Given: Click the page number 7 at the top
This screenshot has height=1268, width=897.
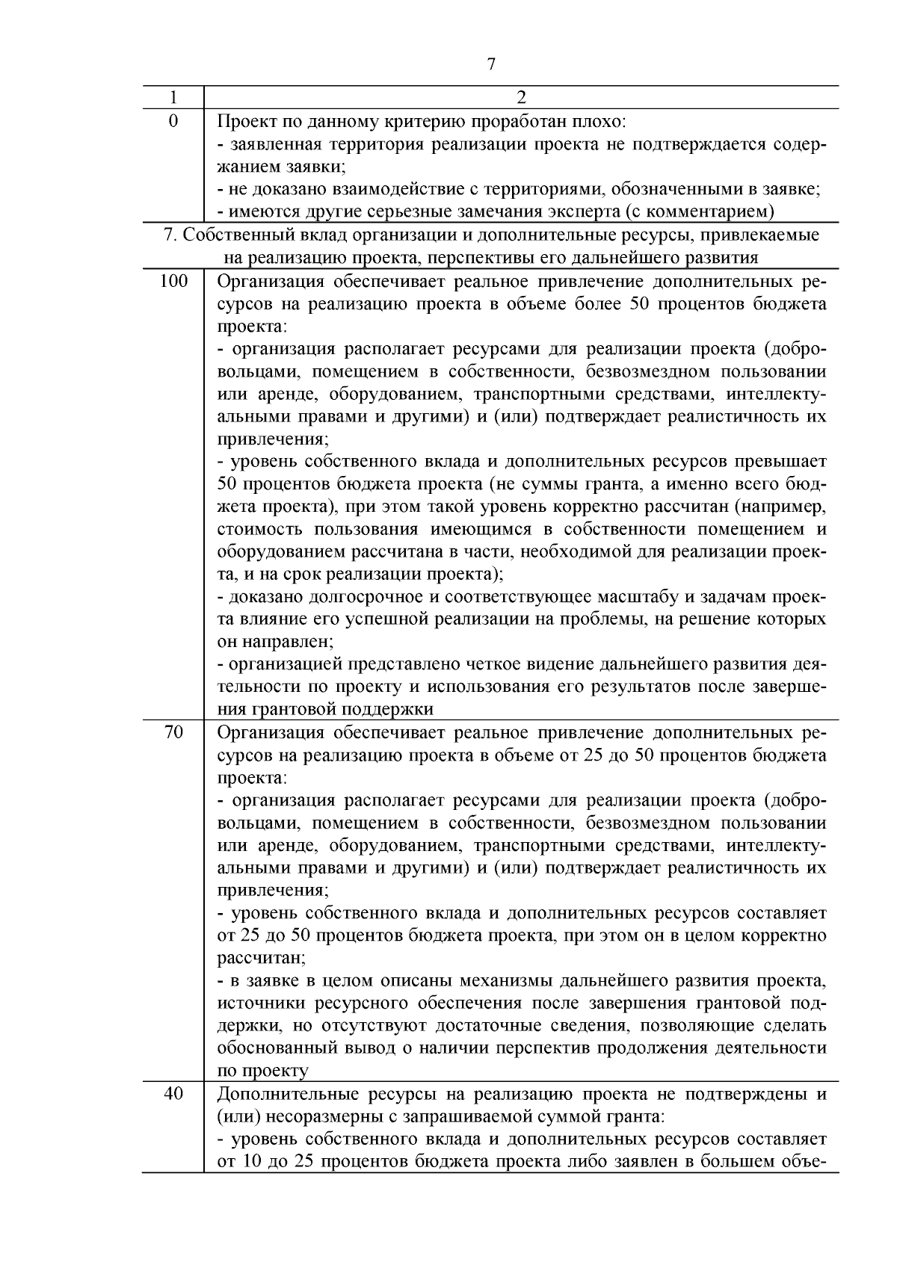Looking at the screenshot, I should pos(491,64).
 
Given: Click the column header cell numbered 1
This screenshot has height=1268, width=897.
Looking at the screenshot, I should pos(173,98).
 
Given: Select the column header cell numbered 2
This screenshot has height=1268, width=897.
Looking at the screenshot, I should pos(521,98).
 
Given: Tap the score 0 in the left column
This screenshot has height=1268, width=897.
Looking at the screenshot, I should pos(173,121).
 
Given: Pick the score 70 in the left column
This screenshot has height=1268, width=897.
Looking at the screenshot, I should pos(173,732).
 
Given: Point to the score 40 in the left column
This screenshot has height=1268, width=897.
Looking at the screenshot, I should pos(173,1095).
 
